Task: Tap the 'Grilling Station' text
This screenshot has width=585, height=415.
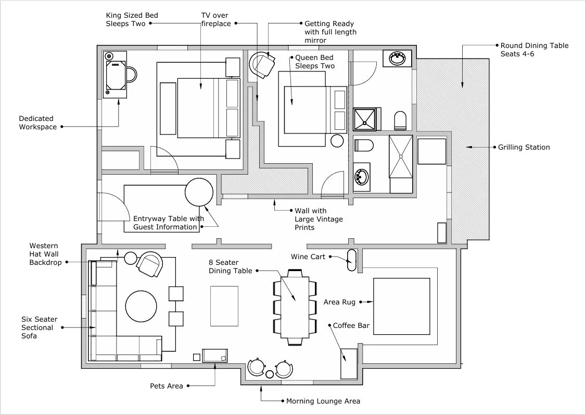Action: pyautogui.click(x=524, y=148)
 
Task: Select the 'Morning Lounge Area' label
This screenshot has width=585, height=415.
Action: pyautogui.click(x=323, y=401)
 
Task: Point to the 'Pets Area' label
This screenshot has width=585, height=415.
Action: pyautogui.click(x=167, y=386)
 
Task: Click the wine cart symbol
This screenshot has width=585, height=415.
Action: pyautogui.click(x=352, y=260)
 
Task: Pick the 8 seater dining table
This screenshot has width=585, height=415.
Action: pyautogui.click(x=295, y=307)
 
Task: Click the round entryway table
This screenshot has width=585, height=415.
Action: pyautogui.click(x=199, y=192)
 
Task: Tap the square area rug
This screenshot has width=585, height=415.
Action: pyautogui.click(x=401, y=306)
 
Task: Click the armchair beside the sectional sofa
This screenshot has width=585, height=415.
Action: pyautogui.click(x=149, y=264)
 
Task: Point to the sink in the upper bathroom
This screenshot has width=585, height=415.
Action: pyautogui.click(x=398, y=58)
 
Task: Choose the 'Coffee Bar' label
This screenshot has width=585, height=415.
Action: pyautogui.click(x=351, y=326)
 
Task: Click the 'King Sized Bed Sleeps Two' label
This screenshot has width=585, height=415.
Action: pyautogui.click(x=132, y=20)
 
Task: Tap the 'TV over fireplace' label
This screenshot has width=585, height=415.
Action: pyautogui.click(x=216, y=20)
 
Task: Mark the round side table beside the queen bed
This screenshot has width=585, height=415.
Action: pyautogui.click(x=337, y=141)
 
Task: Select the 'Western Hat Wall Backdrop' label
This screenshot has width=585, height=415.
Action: pyautogui.click(x=45, y=254)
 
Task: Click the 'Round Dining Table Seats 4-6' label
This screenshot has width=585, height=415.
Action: pyautogui.click(x=534, y=50)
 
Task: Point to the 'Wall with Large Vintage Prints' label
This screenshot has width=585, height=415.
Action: pyautogui.click(x=319, y=219)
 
